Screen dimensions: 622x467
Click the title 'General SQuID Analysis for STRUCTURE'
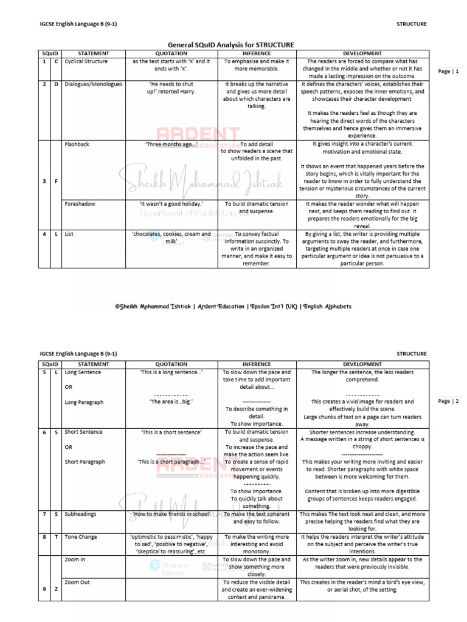pos(230,45)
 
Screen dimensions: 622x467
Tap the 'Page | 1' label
pos(449,72)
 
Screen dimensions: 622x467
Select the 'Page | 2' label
pos(449,402)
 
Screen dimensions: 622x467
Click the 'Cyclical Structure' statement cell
pos(86,62)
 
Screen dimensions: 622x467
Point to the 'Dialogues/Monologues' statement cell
pos(94,84)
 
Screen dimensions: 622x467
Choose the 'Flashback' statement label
pos(77,145)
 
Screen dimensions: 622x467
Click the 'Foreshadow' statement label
pos(80,204)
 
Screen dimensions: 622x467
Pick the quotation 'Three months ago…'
pos(171,145)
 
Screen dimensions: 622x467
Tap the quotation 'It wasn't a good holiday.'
pos(171,204)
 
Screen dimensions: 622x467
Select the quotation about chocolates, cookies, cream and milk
pos(171,238)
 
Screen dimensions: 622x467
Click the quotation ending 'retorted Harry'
pos(171,88)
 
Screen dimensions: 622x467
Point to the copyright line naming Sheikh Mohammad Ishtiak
pos(233,307)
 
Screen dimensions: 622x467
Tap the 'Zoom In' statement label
pos(75,559)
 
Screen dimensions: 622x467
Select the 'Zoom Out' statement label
pos(77,582)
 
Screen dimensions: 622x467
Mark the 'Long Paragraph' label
pos(85,402)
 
